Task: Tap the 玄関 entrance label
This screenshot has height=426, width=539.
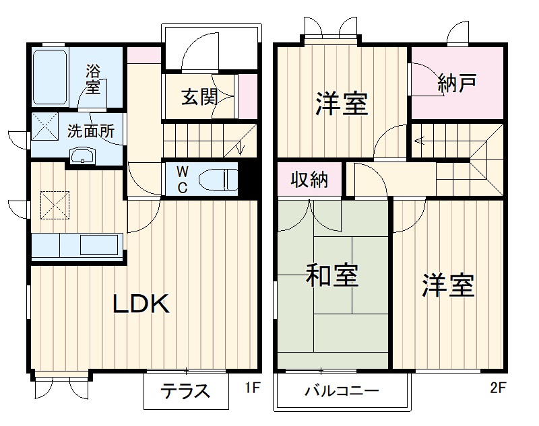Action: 199,97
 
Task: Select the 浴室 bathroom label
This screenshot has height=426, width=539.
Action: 93,78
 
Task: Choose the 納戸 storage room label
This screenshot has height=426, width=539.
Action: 457,83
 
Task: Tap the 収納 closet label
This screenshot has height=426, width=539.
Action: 309,180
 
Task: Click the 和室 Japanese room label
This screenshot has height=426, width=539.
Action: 332,275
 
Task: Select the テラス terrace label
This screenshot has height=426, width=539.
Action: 185,391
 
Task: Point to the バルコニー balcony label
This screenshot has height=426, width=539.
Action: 342,391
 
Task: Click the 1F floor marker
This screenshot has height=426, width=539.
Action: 251,388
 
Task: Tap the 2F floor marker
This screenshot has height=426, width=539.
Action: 498,388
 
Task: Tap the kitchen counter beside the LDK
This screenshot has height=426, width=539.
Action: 77,245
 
